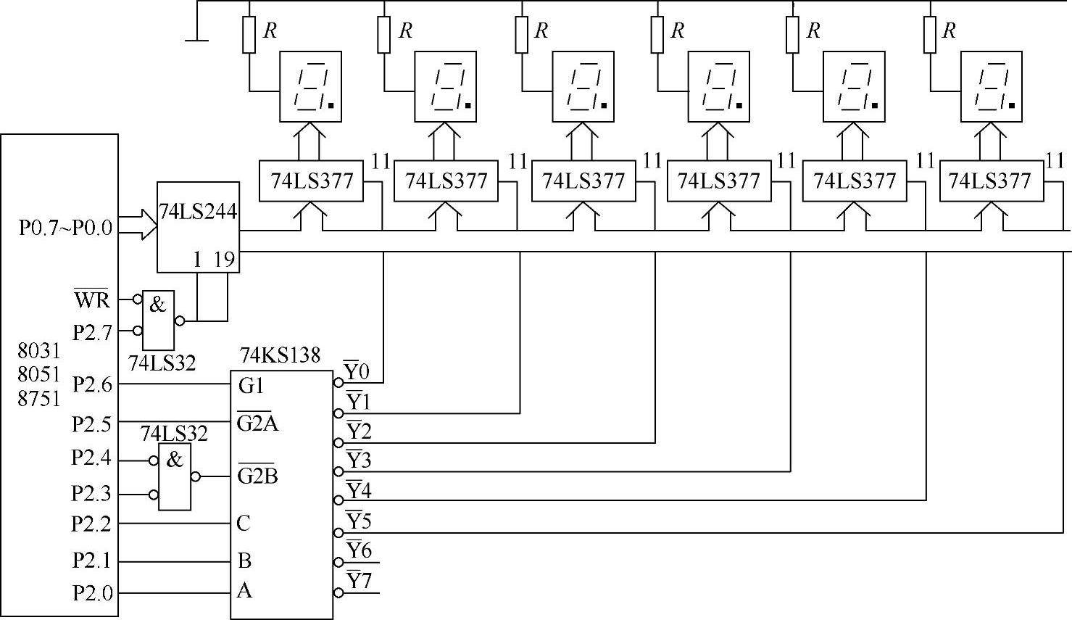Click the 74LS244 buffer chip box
coord(198,226)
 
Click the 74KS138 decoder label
coord(280,355)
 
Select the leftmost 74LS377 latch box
coord(311,181)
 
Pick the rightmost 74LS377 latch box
coord(991,181)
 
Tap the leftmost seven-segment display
coord(310,86)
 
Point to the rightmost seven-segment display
coord(992,86)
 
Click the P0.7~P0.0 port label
coord(66,228)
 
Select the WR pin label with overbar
coord(91,299)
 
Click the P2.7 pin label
coord(93,332)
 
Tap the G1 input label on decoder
coord(252,386)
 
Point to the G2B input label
coord(257,476)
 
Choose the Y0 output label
coord(357,372)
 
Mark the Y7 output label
coord(358,581)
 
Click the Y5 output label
coord(358,521)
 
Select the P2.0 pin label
coord(93,593)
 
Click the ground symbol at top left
coord(197,38)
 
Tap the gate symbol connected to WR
coord(159,319)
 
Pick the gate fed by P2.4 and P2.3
coord(175,476)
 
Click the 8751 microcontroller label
coord(39,399)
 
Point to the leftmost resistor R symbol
coord(249,36)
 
